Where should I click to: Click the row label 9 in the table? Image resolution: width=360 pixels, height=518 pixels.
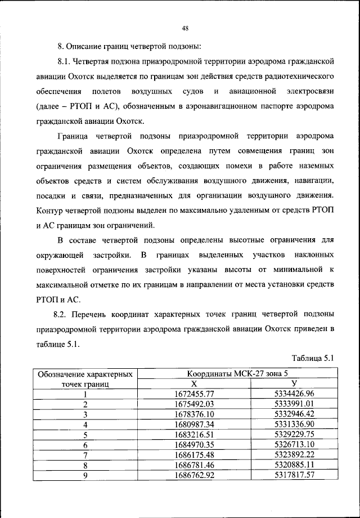[x=85, y=475]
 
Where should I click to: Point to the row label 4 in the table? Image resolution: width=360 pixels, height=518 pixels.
[x=85, y=424]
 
